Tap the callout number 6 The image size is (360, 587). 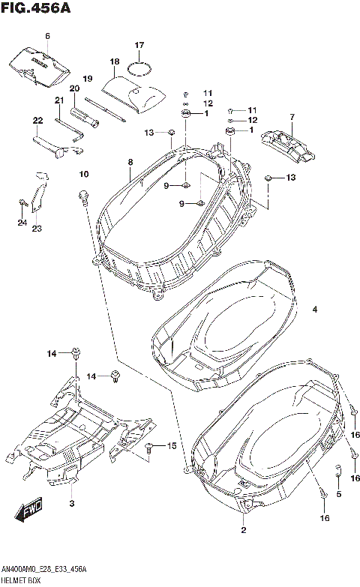(47, 36)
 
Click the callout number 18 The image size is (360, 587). (115, 61)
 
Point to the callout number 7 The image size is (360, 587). (292, 117)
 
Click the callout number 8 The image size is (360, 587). (130, 162)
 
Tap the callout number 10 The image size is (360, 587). (84, 175)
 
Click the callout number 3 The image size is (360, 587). (72, 502)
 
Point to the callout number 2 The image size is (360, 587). (243, 531)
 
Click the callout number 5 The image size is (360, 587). (338, 494)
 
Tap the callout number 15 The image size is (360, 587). (171, 446)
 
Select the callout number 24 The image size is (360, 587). (22, 223)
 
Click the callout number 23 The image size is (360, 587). (36, 228)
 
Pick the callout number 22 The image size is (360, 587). (37, 120)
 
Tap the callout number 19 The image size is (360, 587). (87, 79)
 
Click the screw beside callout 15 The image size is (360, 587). (150, 448)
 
